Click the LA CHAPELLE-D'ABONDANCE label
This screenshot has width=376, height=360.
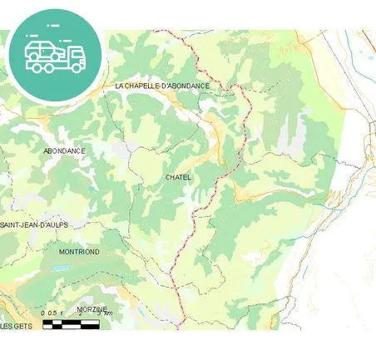pos(162,86)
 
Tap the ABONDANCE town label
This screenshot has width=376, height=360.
pos(64,150)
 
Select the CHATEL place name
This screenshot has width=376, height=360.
pos(178,177)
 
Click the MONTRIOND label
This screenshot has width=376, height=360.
pos(79,251)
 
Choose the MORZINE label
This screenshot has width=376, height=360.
pos(92,308)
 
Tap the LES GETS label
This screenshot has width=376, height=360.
pos(16,326)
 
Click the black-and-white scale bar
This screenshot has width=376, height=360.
pos(71,323)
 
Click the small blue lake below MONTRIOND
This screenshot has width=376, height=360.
pos(61,269)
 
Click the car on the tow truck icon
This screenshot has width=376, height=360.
pos(42,52)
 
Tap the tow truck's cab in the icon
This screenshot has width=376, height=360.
pos(75,55)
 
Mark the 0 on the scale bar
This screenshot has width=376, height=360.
pos(42,313)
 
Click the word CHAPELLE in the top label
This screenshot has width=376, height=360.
pos(147,86)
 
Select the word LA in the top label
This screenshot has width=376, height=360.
pos(119,86)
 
